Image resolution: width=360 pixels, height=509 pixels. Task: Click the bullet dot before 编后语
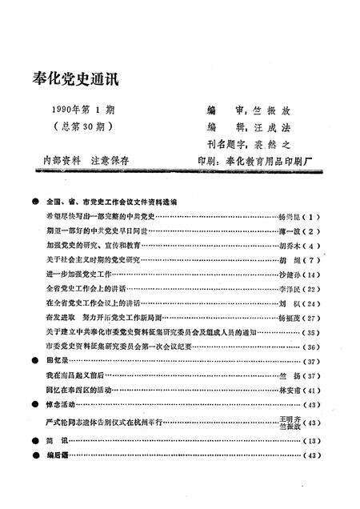tap(35, 455)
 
